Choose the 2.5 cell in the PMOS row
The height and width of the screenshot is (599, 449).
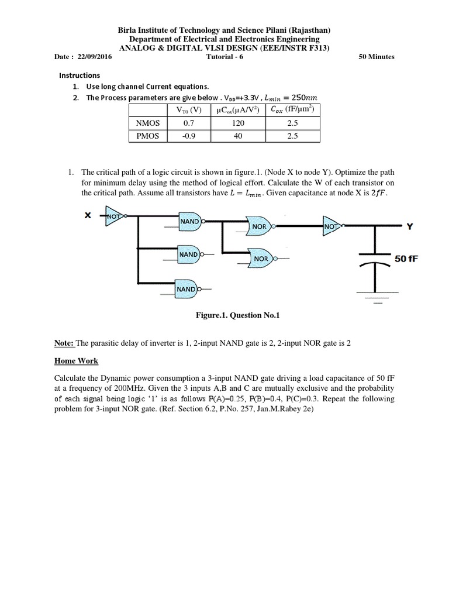coord(292,136)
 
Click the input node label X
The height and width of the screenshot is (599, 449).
coord(88,215)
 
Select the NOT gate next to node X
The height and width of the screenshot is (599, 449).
coord(114,216)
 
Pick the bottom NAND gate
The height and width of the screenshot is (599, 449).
coord(189,289)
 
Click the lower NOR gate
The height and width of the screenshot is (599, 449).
coord(262,258)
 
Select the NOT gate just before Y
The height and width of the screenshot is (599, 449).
coord(332,226)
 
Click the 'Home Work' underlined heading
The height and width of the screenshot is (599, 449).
coord(77,361)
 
